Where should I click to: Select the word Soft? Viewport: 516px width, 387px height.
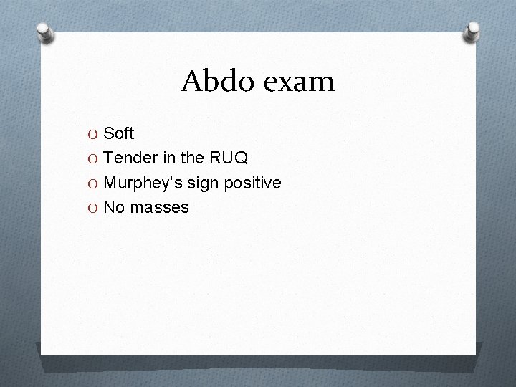pos(119,133)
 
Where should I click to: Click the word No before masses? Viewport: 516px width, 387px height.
pos(113,207)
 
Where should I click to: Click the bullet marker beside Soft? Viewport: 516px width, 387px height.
pos(94,134)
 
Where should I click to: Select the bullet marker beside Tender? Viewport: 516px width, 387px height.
pos(94,158)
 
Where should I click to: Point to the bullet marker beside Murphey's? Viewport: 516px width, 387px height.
pos(94,183)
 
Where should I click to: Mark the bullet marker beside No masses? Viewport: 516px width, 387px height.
pos(94,208)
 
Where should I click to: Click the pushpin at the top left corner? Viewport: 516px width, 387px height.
pos(45,33)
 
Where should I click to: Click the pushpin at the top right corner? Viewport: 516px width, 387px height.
pos(472,29)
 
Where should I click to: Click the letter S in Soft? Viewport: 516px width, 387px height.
pos(109,133)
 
